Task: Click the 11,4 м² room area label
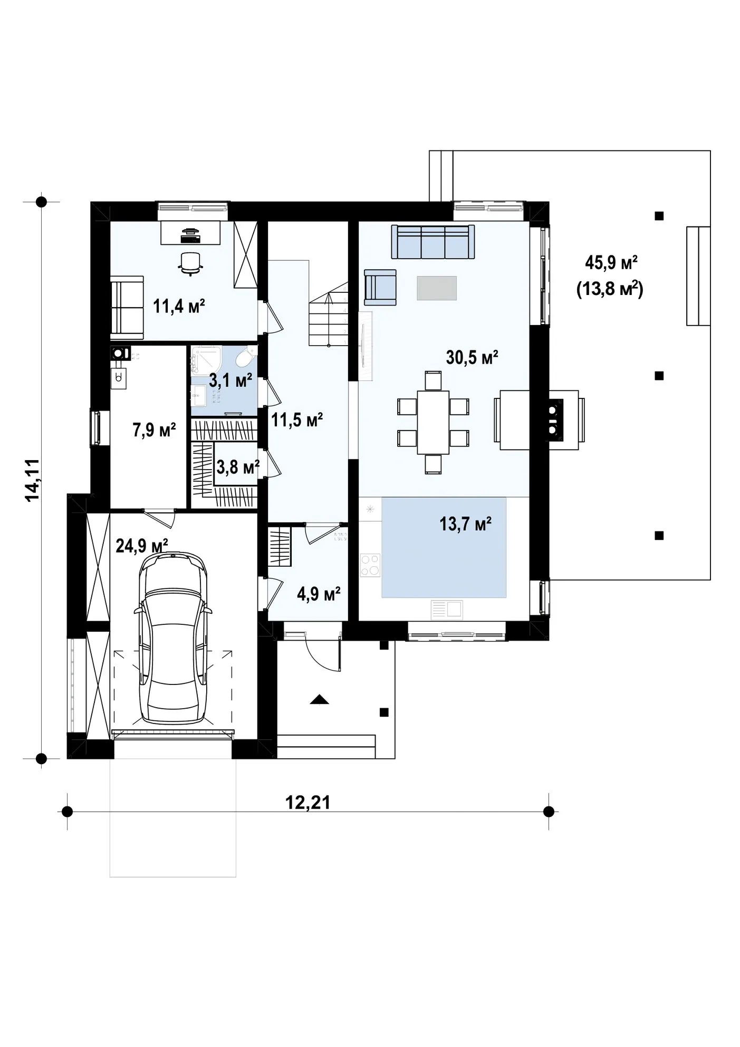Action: [x=179, y=306]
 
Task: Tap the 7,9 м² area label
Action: [x=154, y=430]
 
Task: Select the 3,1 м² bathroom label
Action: [x=230, y=380]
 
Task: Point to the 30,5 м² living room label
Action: [x=472, y=357]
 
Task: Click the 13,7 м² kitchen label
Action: [x=466, y=524]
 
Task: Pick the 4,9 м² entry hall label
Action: [x=319, y=594]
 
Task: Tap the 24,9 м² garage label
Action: [x=142, y=545]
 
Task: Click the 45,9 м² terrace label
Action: [x=611, y=262]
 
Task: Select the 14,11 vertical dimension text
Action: [x=33, y=480]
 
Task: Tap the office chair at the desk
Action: [x=190, y=263]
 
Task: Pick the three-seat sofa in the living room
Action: [x=433, y=242]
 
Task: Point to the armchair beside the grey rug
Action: [x=380, y=287]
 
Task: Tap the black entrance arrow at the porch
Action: [x=319, y=699]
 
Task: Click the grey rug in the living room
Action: [x=437, y=288]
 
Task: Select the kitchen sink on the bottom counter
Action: [x=447, y=610]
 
